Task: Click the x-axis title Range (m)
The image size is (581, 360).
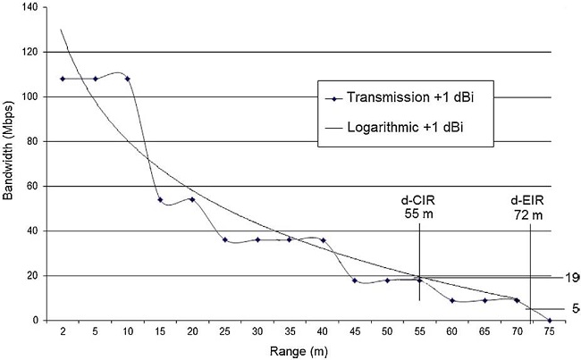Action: click(307, 351)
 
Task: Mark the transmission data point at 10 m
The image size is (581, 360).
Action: click(128, 79)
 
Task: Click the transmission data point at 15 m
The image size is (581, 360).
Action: click(160, 199)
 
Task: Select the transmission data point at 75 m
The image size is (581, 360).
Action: click(549, 320)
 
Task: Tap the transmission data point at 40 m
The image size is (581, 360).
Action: click(323, 240)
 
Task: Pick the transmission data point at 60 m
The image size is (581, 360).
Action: click(452, 300)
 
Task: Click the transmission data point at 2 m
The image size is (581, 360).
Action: click(63, 79)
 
